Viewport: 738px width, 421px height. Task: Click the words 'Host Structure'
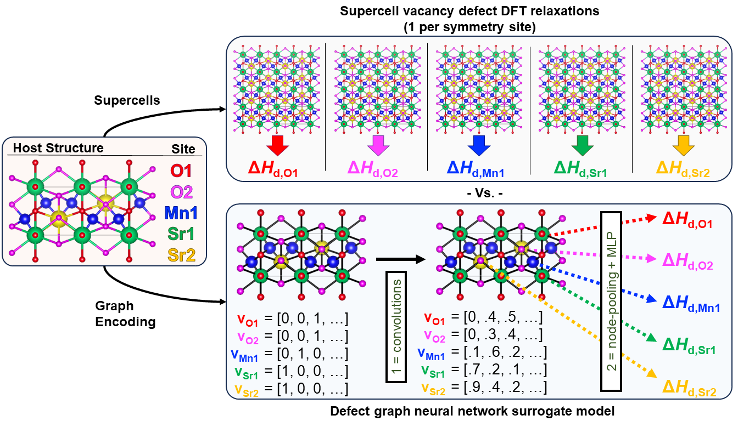pyautogui.click(x=58, y=148)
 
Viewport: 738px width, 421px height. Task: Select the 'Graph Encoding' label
pyautogui.click(x=125, y=314)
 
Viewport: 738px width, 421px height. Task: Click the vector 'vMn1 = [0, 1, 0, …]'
pyautogui.click(x=292, y=354)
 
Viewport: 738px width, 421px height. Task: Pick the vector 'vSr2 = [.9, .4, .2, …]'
pyautogui.click(x=485, y=389)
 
